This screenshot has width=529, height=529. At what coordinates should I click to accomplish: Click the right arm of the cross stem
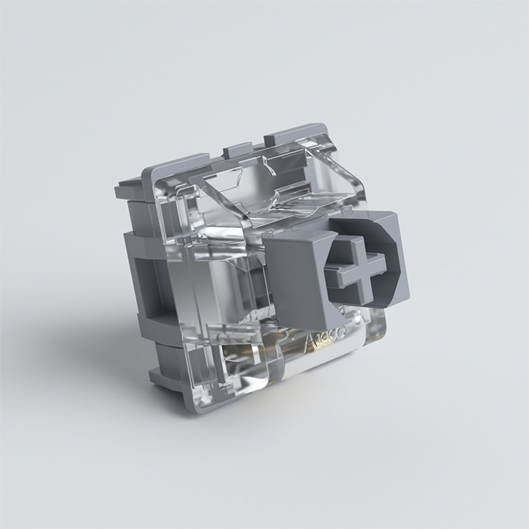(x=382, y=264)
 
